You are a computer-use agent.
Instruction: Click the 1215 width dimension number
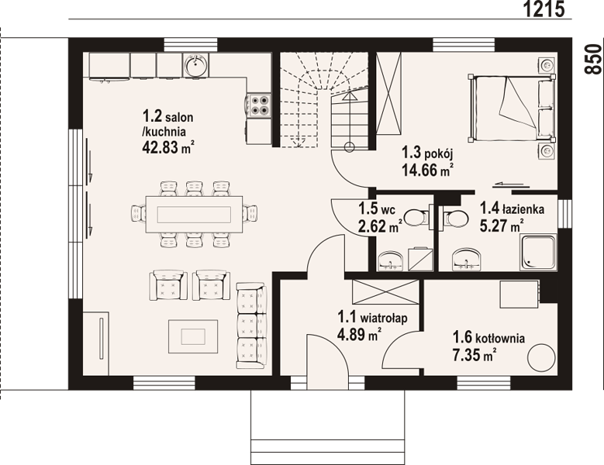[544, 9]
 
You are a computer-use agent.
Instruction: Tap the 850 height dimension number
[593, 59]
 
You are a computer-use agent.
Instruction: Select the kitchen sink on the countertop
[196, 65]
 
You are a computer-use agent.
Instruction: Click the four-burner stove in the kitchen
[259, 105]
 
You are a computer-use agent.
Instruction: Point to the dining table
[194, 214]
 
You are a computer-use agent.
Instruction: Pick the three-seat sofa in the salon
[251, 325]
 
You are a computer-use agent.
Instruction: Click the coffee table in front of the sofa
[193, 336]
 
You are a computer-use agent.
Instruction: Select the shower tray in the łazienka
[539, 252]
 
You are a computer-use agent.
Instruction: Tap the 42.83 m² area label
[167, 147]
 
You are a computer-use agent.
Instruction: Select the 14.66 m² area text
[427, 170]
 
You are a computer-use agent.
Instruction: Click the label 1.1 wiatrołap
[372, 318]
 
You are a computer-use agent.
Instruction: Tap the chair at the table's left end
[138, 213]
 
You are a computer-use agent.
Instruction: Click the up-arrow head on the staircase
[350, 96]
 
